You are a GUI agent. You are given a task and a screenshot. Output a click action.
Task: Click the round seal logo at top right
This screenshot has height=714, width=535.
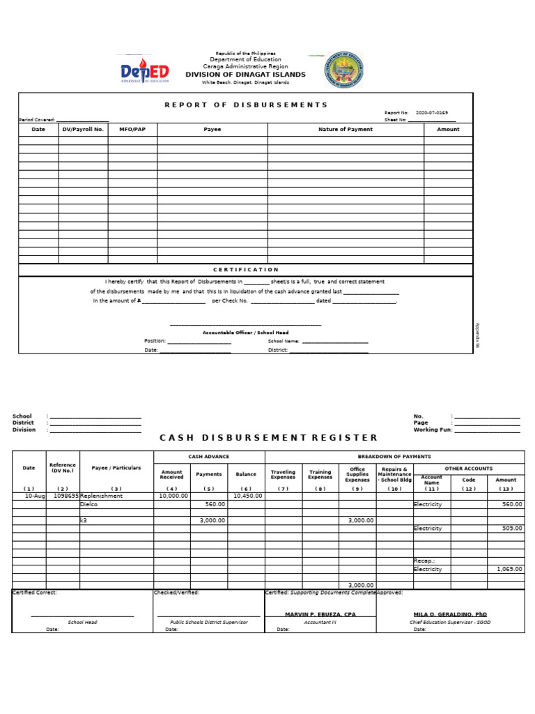click(x=343, y=72)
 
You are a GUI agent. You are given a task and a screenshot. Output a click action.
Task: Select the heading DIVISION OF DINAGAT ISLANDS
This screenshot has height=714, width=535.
click(x=245, y=75)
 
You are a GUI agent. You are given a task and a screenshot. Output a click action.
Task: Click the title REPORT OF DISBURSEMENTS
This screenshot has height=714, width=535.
click(x=245, y=105)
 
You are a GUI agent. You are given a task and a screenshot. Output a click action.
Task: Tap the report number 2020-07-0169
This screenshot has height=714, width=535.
click(x=432, y=112)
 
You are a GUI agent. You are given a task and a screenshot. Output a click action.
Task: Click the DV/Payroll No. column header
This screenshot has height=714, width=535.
click(x=83, y=129)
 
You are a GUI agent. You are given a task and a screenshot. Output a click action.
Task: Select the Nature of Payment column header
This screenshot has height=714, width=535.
click(x=346, y=129)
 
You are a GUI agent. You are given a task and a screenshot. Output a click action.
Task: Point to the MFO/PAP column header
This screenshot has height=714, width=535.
click(x=132, y=129)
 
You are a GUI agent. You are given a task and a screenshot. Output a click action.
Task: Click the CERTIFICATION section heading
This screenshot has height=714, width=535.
click(x=245, y=269)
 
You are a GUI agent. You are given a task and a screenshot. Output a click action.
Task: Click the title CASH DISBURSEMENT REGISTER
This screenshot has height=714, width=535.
click(x=268, y=438)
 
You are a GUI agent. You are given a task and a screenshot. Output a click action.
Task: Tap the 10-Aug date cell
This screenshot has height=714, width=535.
click(x=33, y=496)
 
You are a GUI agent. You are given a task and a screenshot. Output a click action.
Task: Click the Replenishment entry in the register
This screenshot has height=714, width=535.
click(x=102, y=496)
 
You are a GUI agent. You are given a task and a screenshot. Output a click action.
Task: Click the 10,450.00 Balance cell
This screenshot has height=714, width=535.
click(x=247, y=496)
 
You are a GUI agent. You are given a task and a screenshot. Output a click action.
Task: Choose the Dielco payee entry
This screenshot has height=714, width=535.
click(x=89, y=504)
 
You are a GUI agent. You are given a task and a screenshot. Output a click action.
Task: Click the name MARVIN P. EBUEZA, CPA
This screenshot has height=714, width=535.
click(x=320, y=614)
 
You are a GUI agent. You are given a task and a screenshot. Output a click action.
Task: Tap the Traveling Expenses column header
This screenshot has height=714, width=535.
click(x=283, y=475)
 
